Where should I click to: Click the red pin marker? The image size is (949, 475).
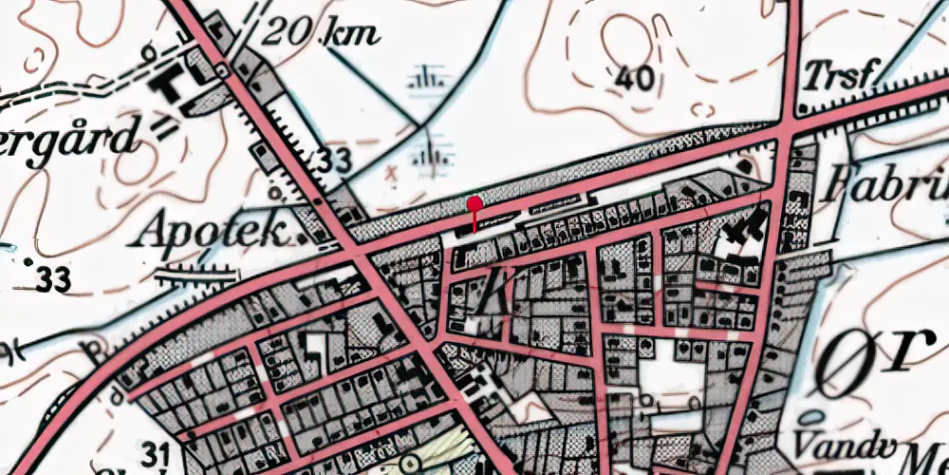point(474,202)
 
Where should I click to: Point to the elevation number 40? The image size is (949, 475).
point(634,77)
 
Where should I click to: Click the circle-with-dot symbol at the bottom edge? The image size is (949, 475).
point(409,464)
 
